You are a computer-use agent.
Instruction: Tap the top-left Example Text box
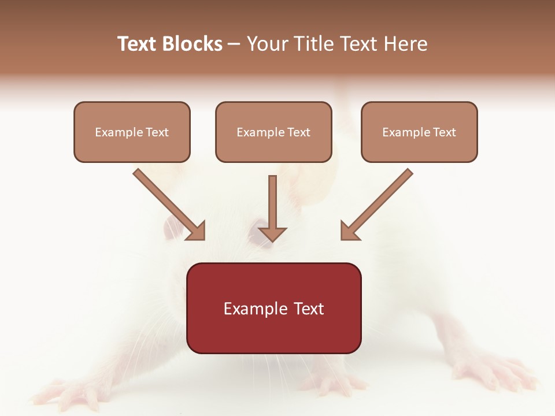tap(132, 132)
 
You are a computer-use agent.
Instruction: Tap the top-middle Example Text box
tap(273, 132)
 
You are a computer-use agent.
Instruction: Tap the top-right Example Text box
tap(419, 132)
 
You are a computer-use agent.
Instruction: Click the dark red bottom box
tap(273, 308)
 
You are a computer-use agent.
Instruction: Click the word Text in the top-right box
tap(444, 132)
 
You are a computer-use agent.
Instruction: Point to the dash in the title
tap(234, 44)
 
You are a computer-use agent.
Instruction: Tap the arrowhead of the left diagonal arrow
tap(196, 231)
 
